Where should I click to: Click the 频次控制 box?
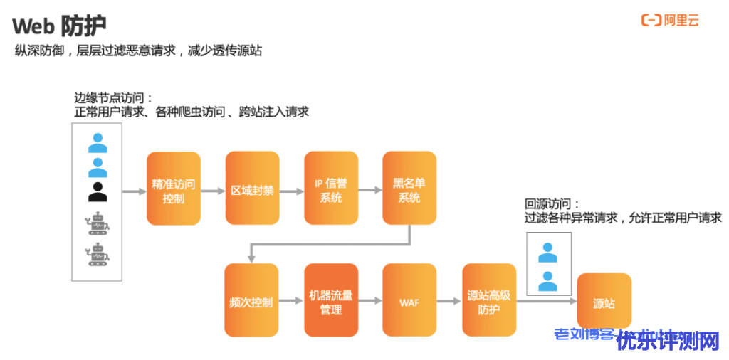point(251,302)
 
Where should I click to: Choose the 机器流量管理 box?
point(331,302)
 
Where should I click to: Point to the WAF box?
point(409,302)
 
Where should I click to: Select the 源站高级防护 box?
point(489,302)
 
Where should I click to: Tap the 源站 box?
point(604,303)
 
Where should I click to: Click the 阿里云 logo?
point(671,21)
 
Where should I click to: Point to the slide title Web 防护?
point(59,26)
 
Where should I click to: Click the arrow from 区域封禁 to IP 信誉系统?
point(291,191)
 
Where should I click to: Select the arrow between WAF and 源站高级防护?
point(449,302)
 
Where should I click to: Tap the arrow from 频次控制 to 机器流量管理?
point(290,302)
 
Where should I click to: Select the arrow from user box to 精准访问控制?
point(134,191)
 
